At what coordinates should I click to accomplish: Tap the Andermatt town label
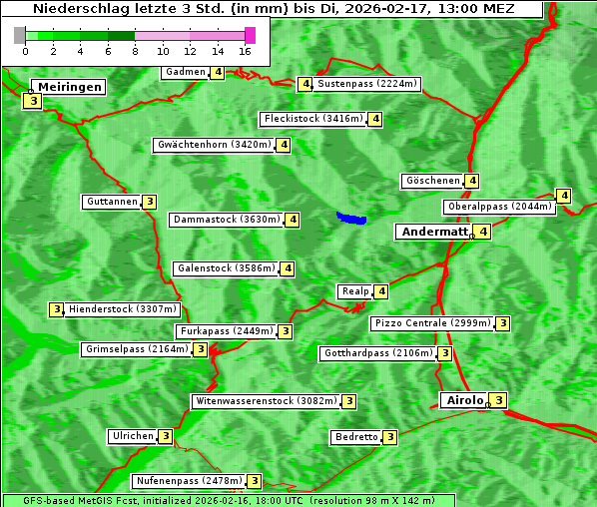434,232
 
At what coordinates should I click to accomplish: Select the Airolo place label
464,400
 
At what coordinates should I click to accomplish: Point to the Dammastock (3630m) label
227,220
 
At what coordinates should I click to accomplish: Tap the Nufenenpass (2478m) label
189,481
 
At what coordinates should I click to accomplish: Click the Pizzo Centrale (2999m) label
432,323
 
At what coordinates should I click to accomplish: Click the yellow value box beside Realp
381,291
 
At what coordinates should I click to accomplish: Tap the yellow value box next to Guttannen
150,202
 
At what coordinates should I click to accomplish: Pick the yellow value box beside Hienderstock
57,309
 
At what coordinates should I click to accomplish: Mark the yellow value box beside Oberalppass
564,196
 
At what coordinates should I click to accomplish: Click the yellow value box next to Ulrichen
166,436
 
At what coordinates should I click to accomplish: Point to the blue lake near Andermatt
351,218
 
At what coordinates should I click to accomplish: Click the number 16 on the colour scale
245,50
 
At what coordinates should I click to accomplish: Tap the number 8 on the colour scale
135,50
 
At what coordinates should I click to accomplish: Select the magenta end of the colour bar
250,35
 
